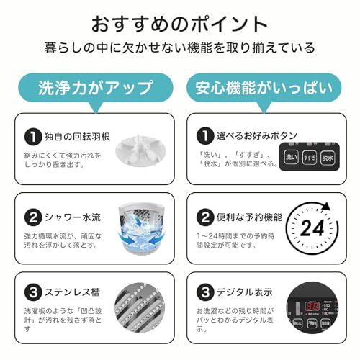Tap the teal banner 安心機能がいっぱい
[x=264, y=88]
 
